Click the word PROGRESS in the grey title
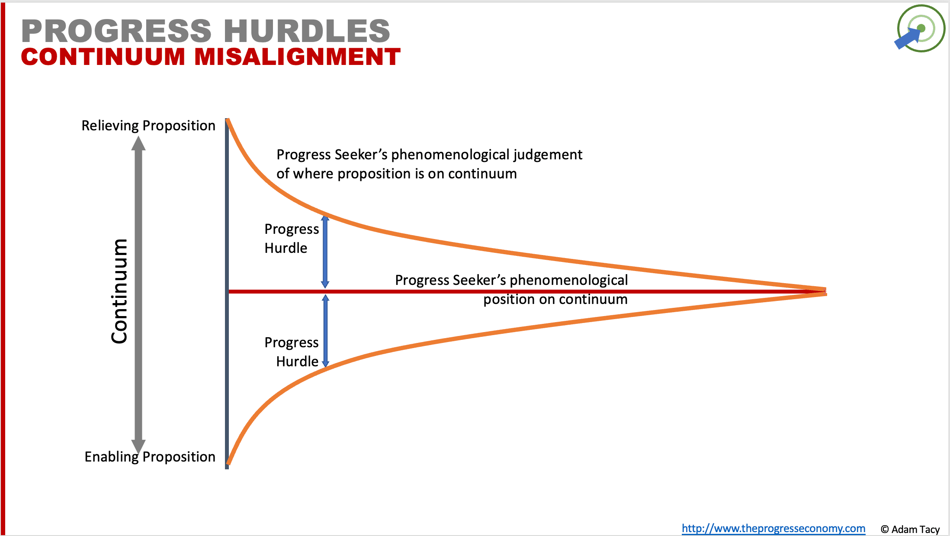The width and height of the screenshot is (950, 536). click(x=116, y=31)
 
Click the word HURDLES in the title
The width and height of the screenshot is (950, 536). click(x=307, y=31)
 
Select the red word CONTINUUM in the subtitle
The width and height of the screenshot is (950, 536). click(x=103, y=57)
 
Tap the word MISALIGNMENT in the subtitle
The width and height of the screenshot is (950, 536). click(x=297, y=57)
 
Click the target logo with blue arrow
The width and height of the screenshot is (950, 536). click(x=920, y=29)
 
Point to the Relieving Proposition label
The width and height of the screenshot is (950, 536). click(x=148, y=126)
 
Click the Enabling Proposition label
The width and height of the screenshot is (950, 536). click(x=150, y=457)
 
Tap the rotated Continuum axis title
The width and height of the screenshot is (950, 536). click(x=119, y=291)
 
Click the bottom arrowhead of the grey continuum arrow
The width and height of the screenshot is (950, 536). click(x=138, y=446)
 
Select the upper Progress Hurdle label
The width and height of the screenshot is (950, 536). click(x=291, y=239)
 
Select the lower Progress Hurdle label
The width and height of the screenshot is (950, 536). click(x=291, y=352)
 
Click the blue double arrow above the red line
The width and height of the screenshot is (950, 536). click(x=325, y=252)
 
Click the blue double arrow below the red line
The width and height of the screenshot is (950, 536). click(x=325, y=331)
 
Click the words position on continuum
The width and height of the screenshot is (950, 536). click(x=555, y=299)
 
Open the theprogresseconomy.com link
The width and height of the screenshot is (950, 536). click(x=773, y=529)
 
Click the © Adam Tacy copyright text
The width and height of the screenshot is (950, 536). click(x=910, y=530)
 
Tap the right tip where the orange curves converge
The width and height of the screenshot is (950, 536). click(x=825, y=291)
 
